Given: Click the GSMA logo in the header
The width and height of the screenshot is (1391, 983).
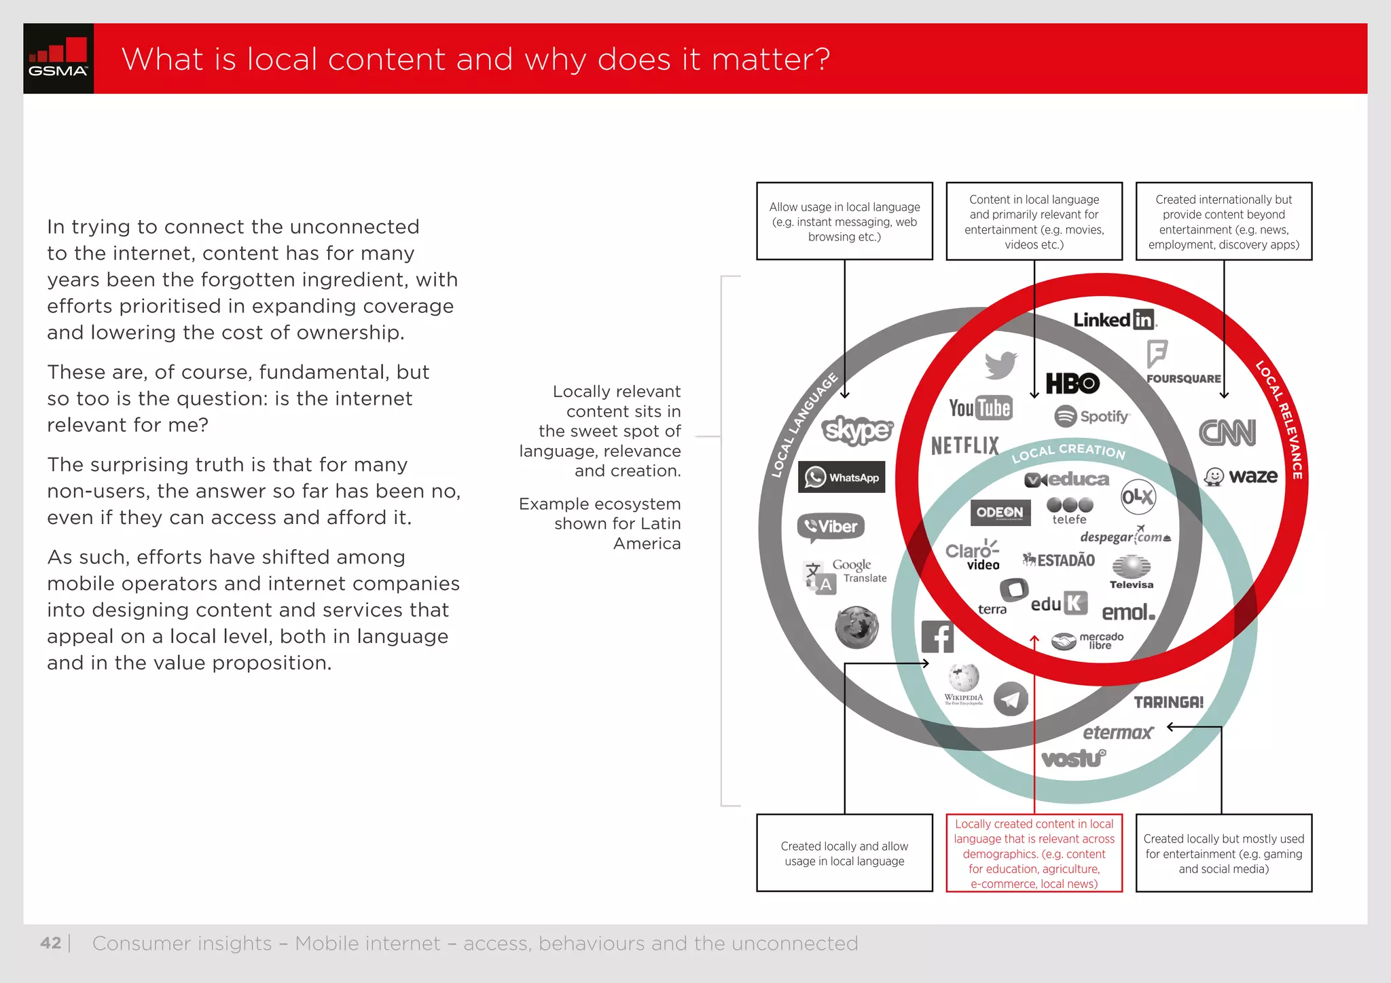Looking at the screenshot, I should point(58,58).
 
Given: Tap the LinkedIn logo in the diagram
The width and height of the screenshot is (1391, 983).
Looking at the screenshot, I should point(1114,320).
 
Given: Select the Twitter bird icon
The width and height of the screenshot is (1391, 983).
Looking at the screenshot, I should point(1000,365).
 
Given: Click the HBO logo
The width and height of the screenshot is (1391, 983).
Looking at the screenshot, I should point(1072,384).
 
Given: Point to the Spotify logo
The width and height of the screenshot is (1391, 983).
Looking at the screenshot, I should point(1091,416).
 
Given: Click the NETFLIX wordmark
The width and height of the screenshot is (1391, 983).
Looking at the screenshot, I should point(965,445).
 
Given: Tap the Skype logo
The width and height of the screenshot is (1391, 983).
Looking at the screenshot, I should point(857,430).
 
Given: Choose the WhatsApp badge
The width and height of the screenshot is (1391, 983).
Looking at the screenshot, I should point(842,477).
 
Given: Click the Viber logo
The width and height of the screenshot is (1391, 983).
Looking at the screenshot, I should point(831,527).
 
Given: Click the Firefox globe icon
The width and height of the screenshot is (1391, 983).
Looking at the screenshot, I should point(856,627).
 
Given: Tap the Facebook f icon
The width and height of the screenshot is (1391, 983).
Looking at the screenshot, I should point(937,637).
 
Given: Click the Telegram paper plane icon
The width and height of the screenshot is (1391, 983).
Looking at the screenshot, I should point(1011,699).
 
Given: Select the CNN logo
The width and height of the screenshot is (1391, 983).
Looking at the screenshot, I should point(1227,432).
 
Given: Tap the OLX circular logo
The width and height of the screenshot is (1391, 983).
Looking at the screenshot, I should point(1138,498).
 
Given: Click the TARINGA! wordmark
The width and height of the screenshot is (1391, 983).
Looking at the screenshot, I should point(1168,702).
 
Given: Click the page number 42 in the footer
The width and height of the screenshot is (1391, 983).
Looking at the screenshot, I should point(50,943).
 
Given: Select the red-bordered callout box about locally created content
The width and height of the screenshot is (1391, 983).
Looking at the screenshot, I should point(1034,853).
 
